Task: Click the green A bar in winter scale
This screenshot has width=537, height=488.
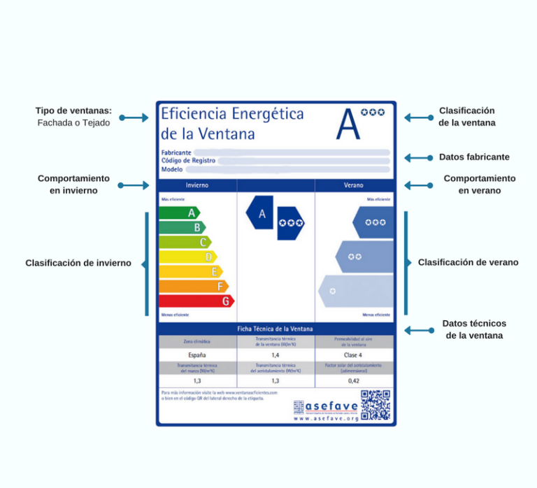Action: click(179, 213)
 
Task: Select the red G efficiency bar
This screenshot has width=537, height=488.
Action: click(196, 301)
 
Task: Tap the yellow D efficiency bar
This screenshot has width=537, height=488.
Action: click(187, 257)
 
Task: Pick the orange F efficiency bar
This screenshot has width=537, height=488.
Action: click(193, 287)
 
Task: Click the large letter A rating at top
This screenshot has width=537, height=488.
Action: click(348, 124)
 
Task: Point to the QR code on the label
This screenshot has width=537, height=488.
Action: click(375, 405)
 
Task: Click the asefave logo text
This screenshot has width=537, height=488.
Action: click(331, 406)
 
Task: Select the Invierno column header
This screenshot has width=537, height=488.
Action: click(197, 186)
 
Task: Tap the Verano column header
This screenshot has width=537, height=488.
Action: click(353, 186)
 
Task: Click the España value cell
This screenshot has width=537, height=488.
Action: click(197, 355)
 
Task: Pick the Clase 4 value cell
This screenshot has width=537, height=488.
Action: click(353, 355)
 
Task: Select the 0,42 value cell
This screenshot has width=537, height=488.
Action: click(353, 381)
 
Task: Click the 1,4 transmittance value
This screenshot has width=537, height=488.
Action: click(275, 355)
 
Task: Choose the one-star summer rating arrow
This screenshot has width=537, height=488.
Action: click(356, 291)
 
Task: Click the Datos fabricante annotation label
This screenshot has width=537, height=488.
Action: click(474, 157)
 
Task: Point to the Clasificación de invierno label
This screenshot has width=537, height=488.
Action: click(78, 264)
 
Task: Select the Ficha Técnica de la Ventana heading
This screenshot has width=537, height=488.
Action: click(275, 329)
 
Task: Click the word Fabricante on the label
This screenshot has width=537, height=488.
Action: click(176, 152)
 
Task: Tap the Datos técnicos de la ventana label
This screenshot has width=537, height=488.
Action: click(474, 329)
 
